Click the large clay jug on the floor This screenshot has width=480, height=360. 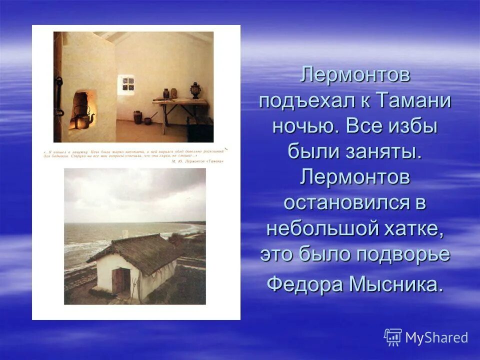coord(136,117)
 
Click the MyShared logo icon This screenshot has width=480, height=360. coord(392,337)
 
